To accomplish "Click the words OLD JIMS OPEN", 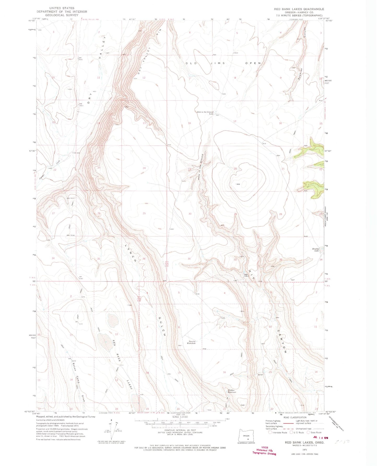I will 223,63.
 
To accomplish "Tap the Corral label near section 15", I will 260,375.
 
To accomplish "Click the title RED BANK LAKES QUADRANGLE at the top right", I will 299,9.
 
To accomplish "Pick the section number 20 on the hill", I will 235,169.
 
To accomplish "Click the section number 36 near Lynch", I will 144,259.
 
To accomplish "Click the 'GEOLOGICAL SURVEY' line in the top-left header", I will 61,15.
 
